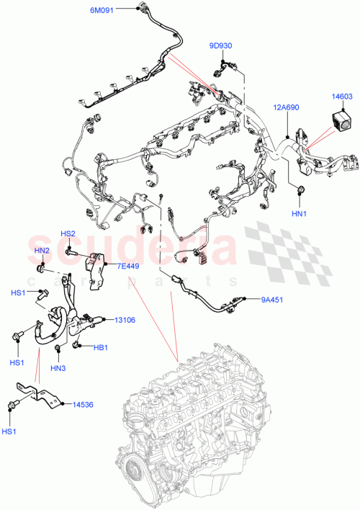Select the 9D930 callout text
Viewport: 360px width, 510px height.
click(220, 46)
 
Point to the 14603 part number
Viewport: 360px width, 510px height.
click(342, 96)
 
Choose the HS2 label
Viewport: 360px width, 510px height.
click(68, 233)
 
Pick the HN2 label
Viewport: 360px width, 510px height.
click(42, 250)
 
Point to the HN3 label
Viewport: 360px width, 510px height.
click(58, 368)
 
